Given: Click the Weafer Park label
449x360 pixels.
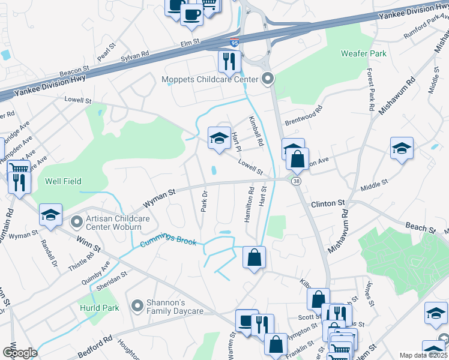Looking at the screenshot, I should point(364,53).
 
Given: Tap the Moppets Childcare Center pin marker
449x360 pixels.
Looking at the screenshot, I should point(268,79).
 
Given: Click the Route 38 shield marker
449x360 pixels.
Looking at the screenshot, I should point(296,181).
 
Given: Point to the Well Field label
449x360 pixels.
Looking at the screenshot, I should point(63,181).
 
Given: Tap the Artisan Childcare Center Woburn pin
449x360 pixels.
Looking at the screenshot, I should point(76,222).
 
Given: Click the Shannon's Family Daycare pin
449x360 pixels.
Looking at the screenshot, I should point(137,305).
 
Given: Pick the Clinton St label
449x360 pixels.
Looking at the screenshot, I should point(328,204).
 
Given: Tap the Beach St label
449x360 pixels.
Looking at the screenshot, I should point(420,228).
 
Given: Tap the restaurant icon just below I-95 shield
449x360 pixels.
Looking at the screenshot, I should point(229,61).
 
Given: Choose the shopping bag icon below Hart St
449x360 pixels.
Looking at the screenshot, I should point(255,257).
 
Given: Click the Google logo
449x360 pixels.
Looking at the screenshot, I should point(19,353).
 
